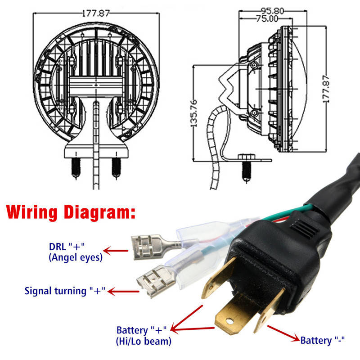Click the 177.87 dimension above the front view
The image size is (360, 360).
pyautogui.click(x=95, y=13)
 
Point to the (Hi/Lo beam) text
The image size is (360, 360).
pyautogui.click(x=143, y=341)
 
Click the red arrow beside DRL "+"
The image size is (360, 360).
pyautogui.click(x=115, y=251)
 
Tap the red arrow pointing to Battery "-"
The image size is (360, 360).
pyautogui.click(x=283, y=332)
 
